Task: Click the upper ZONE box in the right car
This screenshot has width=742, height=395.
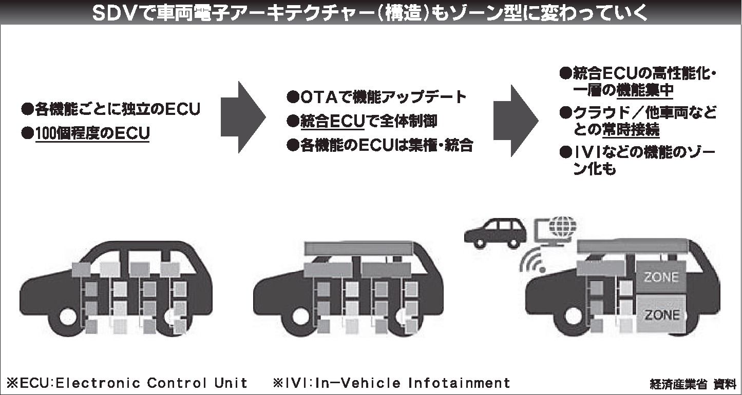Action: tap(661, 278)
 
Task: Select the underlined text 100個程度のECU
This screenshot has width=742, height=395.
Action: tap(92, 133)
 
